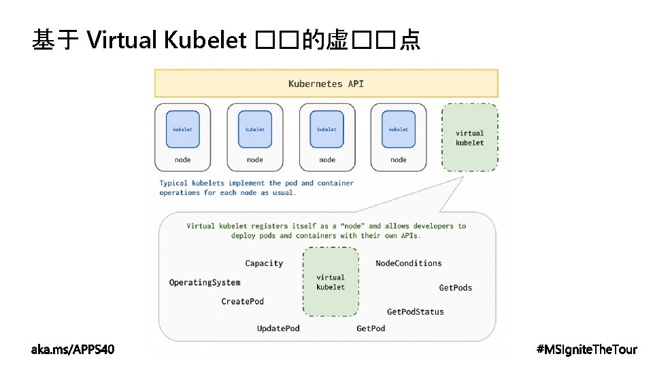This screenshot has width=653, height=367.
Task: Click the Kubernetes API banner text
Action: point(326,84)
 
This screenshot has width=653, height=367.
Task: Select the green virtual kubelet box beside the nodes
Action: point(469,137)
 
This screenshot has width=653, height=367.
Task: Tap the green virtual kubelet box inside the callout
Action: point(331,282)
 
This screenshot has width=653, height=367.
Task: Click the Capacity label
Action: point(264,263)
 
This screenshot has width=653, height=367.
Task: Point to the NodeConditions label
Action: point(408,263)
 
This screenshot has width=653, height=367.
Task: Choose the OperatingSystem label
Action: point(205,282)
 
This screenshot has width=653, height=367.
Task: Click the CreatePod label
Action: point(242,301)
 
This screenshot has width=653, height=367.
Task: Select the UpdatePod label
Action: point(278,328)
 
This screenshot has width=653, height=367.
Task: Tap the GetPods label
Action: point(455,287)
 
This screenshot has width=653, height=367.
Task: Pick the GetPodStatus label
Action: point(415,311)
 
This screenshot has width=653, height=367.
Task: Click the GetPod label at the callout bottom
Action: point(371,328)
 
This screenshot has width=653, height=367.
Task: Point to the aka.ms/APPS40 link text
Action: point(73,349)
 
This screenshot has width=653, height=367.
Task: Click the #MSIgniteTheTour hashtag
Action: point(586,349)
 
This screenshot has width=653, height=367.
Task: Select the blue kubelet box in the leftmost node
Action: point(183,129)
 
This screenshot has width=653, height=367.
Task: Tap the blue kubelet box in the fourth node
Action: point(399,129)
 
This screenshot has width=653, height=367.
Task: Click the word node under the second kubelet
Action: point(255,160)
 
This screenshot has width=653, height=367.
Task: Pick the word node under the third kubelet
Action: point(327,160)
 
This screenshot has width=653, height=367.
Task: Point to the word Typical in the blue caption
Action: point(173,183)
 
